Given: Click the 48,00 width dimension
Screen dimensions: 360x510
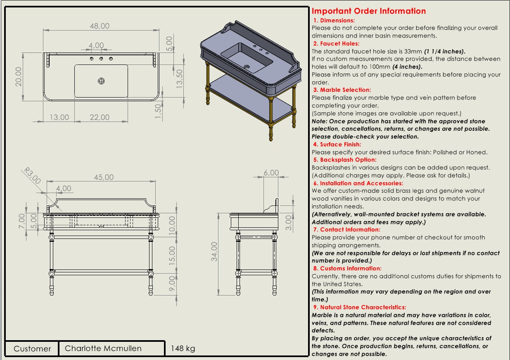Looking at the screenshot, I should (x=100, y=26).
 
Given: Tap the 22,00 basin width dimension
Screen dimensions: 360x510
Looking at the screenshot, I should (x=100, y=117).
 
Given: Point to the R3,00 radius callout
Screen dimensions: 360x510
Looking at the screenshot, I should (x=32, y=176).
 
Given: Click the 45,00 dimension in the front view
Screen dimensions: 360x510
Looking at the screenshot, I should (x=104, y=177).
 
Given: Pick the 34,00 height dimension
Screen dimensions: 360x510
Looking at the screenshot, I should (x=214, y=252).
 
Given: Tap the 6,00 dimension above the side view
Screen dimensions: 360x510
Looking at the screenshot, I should (x=271, y=173).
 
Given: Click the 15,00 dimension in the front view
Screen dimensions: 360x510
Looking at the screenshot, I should (x=172, y=255).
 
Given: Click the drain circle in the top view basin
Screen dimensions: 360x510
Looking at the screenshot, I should (x=101, y=81).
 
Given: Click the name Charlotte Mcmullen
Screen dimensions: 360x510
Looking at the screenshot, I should (x=103, y=348).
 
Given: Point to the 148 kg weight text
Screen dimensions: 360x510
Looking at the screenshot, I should (x=183, y=348).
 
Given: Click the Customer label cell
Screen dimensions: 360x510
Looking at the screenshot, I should (x=32, y=349).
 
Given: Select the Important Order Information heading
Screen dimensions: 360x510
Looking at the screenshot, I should (x=369, y=11).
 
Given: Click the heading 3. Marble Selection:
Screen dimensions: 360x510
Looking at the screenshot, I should (x=342, y=90).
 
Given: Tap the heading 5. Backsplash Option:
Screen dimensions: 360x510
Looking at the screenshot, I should (x=345, y=160).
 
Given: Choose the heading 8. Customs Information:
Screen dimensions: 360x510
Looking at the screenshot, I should (x=347, y=268).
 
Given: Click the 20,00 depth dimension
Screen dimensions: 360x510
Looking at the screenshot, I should (x=19, y=76).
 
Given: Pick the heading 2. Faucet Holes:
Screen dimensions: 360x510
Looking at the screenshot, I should (x=336, y=43).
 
